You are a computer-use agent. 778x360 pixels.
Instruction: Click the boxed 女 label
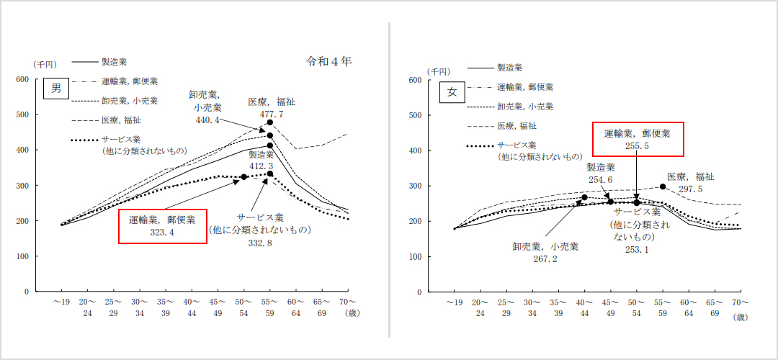(x=452, y=91)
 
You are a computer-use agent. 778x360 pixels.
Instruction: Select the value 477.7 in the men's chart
(x=271, y=114)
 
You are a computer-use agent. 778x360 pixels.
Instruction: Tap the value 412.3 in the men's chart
(x=261, y=166)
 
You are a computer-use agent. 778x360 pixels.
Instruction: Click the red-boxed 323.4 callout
(x=163, y=233)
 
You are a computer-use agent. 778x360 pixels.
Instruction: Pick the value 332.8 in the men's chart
(x=259, y=243)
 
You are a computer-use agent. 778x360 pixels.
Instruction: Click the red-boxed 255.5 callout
(x=637, y=145)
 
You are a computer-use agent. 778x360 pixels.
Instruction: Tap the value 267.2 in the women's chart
(x=549, y=258)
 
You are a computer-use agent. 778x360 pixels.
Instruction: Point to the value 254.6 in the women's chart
(x=600, y=179)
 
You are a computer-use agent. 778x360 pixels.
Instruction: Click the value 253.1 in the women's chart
(x=636, y=250)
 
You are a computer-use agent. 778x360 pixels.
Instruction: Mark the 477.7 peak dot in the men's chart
(x=270, y=122)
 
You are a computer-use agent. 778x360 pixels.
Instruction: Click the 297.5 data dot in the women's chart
(x=663, y=186)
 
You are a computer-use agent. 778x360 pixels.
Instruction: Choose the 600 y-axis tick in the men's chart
(x=22, y=79)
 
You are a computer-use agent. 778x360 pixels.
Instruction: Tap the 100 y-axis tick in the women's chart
(x=414, y=256)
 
